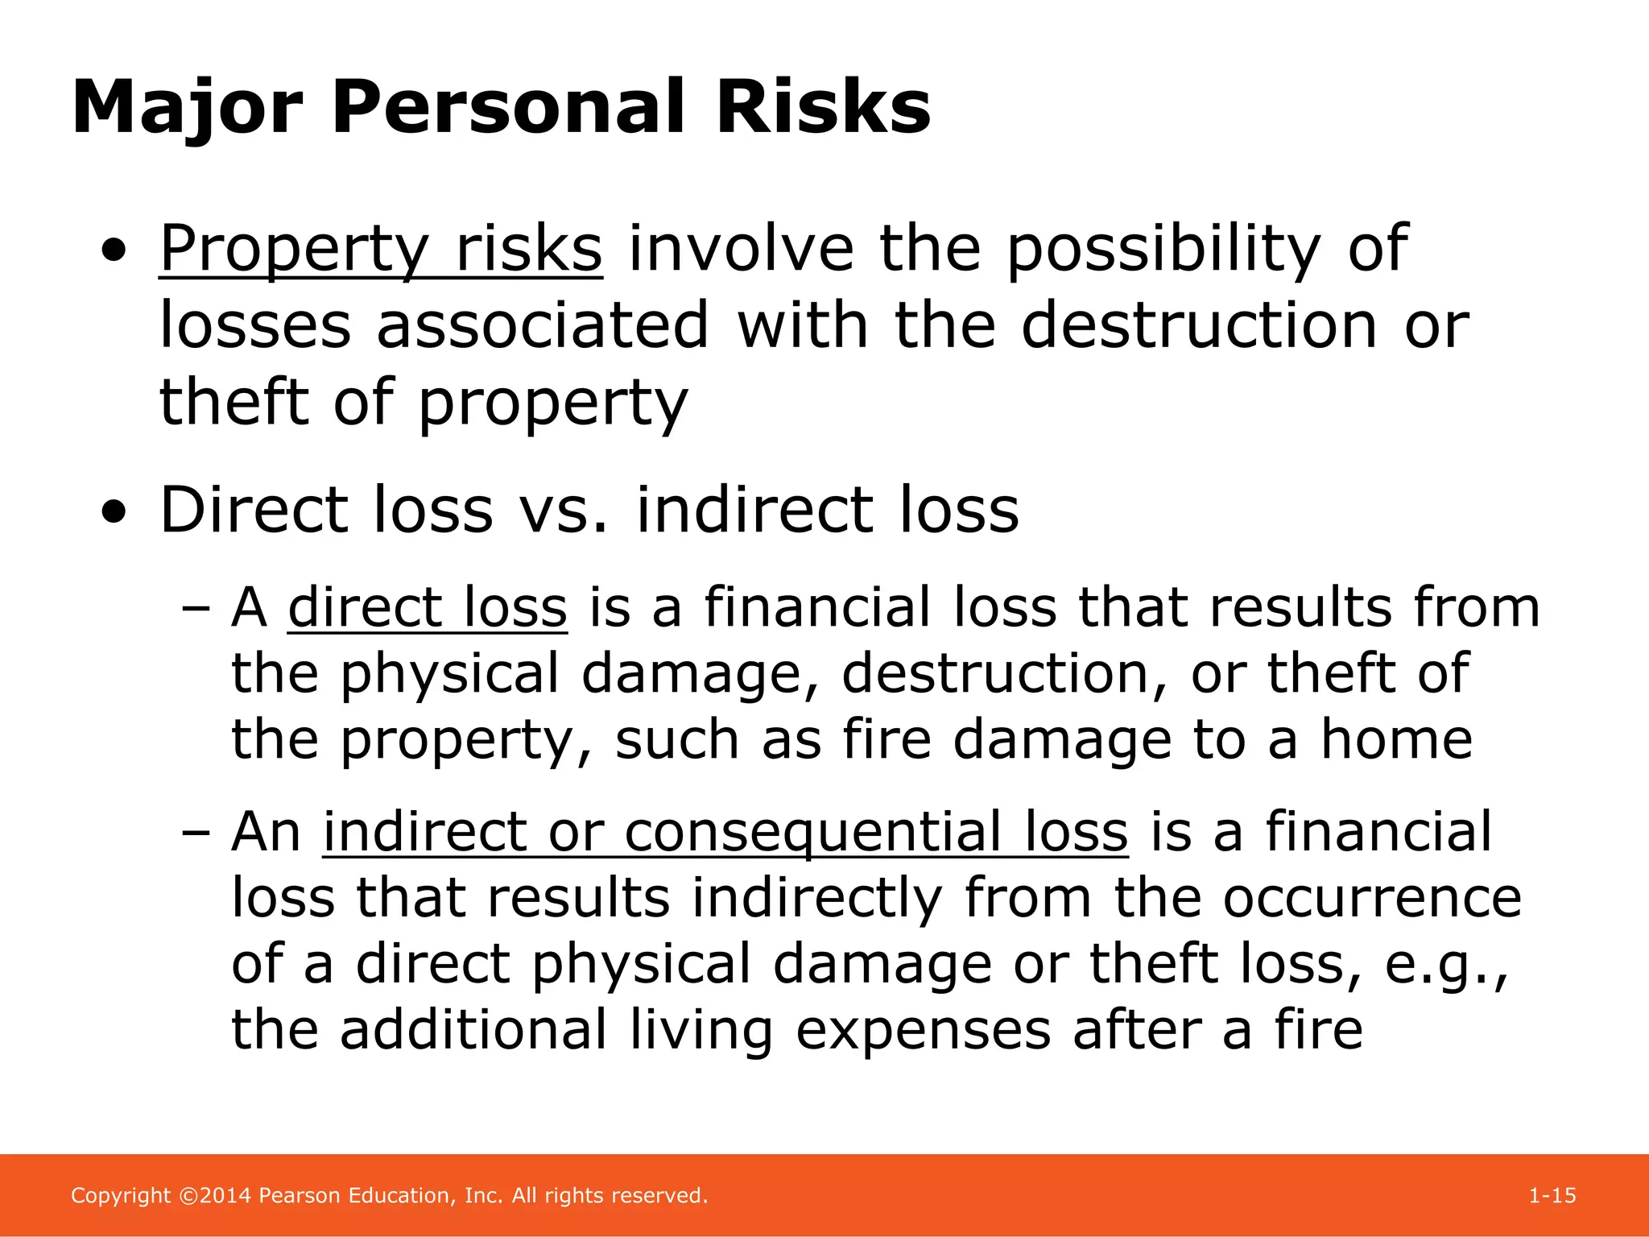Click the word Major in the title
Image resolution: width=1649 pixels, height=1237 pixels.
tap(187, 108)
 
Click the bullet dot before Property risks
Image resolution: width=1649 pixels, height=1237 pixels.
tap(114, 250)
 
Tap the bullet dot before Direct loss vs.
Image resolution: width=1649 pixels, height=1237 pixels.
tap(114, 512)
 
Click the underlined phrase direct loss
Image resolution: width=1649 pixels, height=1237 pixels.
tap(428, 607)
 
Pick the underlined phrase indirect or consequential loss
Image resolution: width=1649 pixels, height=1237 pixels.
tap(725, 832)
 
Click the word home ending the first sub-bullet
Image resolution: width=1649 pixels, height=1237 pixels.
tap(1397, 739)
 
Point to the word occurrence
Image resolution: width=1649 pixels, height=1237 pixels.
tap(1372, 898)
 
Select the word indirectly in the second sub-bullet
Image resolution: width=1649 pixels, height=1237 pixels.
tap(816, 898)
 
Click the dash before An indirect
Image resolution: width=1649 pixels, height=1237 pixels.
tap(195, 833)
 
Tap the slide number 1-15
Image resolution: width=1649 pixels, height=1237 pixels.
tap(1552, 1196)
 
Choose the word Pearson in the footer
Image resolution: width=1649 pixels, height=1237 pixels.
tap(300, 1196)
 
